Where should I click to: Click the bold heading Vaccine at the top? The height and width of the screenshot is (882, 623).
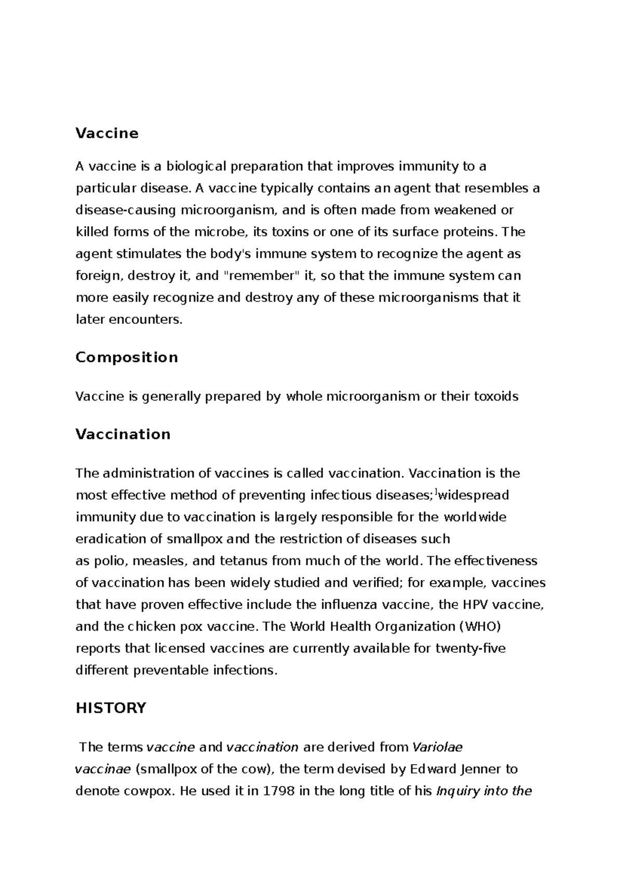(107, 133)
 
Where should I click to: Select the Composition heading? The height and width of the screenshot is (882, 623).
(127, 357)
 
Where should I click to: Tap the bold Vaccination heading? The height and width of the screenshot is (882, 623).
(123, 434)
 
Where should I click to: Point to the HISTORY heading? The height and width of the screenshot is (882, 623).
(111, 708)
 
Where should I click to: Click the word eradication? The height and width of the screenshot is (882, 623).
(106, 539)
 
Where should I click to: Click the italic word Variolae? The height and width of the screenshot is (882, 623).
(437, 747)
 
